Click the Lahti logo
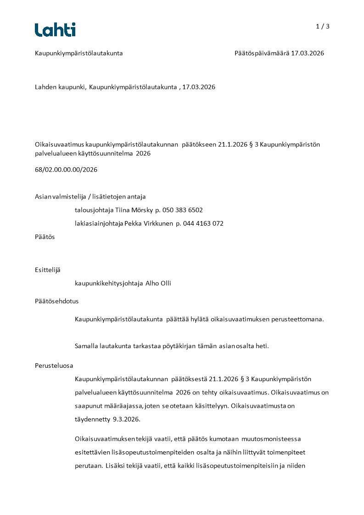click(55, 30)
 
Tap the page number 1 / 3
click(323, 27)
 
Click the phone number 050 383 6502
click(182, 210)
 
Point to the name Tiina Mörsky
click(134, 210)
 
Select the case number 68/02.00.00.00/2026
click(66, 170)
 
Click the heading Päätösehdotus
click(57, 301)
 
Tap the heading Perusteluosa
click(54, 365)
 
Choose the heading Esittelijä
click(48, 270)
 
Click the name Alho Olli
click(158, 283)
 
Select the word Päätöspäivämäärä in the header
click(262, 53)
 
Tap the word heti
click(262, 346)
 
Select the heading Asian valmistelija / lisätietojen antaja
click(90, 197)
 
